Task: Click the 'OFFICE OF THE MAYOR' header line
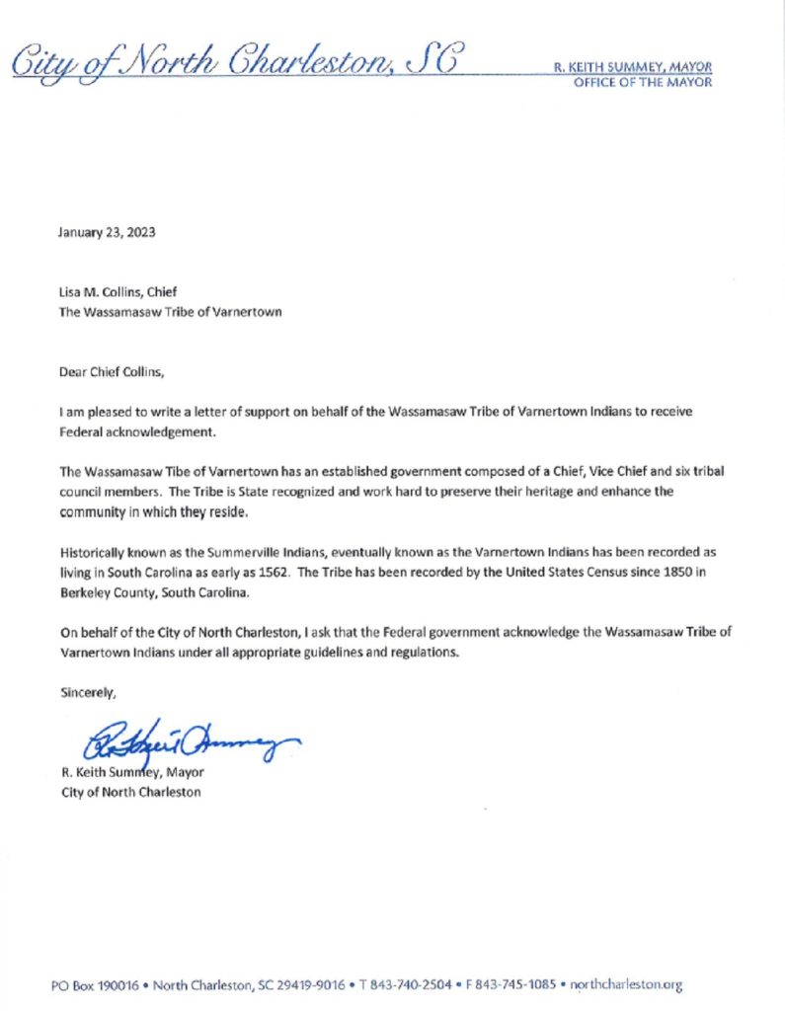tap(642, 83)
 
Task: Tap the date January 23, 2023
tap(107, 234)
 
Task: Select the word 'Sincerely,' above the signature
tap(88, 692)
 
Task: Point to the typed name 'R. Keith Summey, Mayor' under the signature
tap(132, 772)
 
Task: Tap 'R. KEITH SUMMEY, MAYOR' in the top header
tap(632, 67)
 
